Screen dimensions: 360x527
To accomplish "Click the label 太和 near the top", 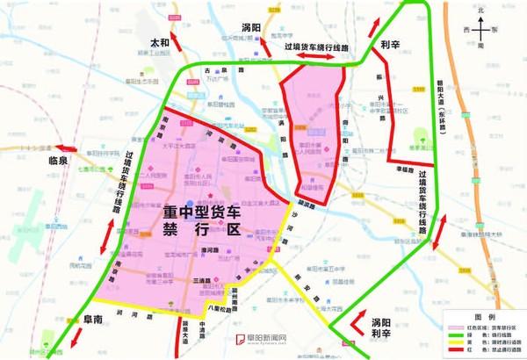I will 160,40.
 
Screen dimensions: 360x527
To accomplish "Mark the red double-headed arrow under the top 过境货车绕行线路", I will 314,56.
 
